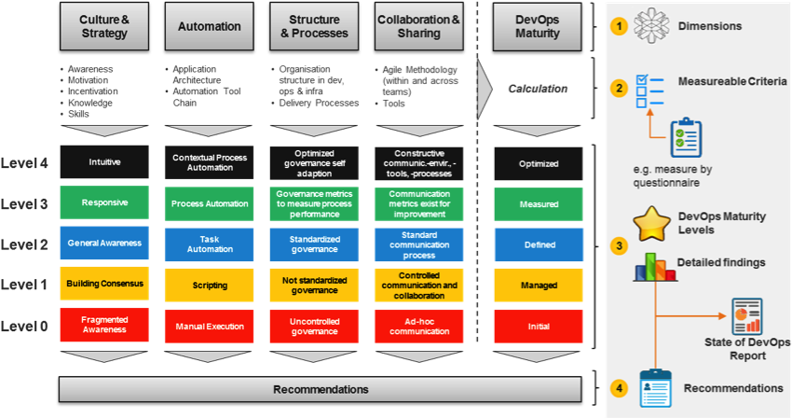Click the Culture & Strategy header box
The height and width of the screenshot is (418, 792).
click(x=104, y=26)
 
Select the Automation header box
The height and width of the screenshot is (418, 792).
click(x=210, y=26)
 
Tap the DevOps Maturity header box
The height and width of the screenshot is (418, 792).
click(x=539, y=26)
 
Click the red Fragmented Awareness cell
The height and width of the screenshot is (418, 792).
click(x=104, y=326)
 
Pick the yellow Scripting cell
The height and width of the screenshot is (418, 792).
click(x=210, y=285)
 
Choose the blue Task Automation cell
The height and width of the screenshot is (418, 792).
click(x=210, y=244)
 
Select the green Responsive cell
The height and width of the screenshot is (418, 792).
click(x=104, y=202)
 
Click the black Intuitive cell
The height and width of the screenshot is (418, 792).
click(x=104, y=162)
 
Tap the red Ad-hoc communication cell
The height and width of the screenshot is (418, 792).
click(x=419, y=326)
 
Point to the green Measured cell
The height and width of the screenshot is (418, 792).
click(x=539, y=202)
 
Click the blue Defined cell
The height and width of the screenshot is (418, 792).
click(x=539, y=244)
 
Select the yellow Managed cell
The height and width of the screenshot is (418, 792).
click(x=539, y=285)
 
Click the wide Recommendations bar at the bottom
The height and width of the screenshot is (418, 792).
click(x=321, y=389)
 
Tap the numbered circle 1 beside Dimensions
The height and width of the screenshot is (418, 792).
click(x=618, y=26)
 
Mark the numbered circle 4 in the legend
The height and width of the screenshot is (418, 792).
click(x=618, y=387)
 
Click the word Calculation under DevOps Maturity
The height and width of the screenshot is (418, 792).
click(x=539, y=90)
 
